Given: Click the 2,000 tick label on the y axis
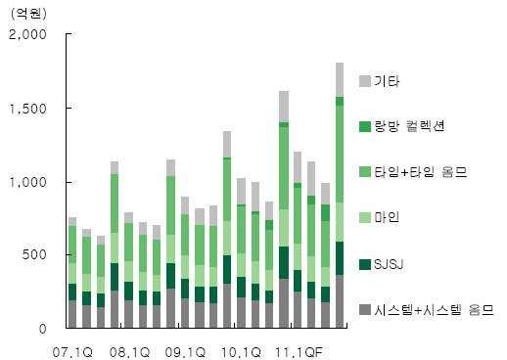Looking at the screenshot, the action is pos(27,34).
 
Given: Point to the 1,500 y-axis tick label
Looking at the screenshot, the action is pos(28,109).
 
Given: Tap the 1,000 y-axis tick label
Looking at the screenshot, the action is pos(28,182).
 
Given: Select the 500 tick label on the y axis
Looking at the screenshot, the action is pos(34,255).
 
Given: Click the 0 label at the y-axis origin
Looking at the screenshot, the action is pos(43,329).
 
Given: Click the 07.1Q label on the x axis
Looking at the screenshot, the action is pos(72,352).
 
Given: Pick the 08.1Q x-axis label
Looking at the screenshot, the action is pos(129,352).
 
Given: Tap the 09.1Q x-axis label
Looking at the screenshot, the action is pos(185,352).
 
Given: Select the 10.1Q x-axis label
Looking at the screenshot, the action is pos(241,352).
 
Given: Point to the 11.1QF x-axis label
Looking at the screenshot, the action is pos(299,352).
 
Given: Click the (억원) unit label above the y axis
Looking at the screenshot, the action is pos(28,14).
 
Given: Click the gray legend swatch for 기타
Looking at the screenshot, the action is pos(365,81).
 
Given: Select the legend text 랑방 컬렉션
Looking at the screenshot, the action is pos(409,126).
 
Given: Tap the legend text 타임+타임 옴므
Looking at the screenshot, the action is pos(421,172).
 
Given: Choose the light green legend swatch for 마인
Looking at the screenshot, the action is pos(365,217).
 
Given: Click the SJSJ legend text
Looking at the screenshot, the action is pos(389,264).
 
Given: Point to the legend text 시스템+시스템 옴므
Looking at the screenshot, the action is pos(434,310).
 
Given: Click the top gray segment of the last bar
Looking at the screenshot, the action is pos(340,80).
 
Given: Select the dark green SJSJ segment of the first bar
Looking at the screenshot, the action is pos(72,292).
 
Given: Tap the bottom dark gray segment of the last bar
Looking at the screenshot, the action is pos(340,301).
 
